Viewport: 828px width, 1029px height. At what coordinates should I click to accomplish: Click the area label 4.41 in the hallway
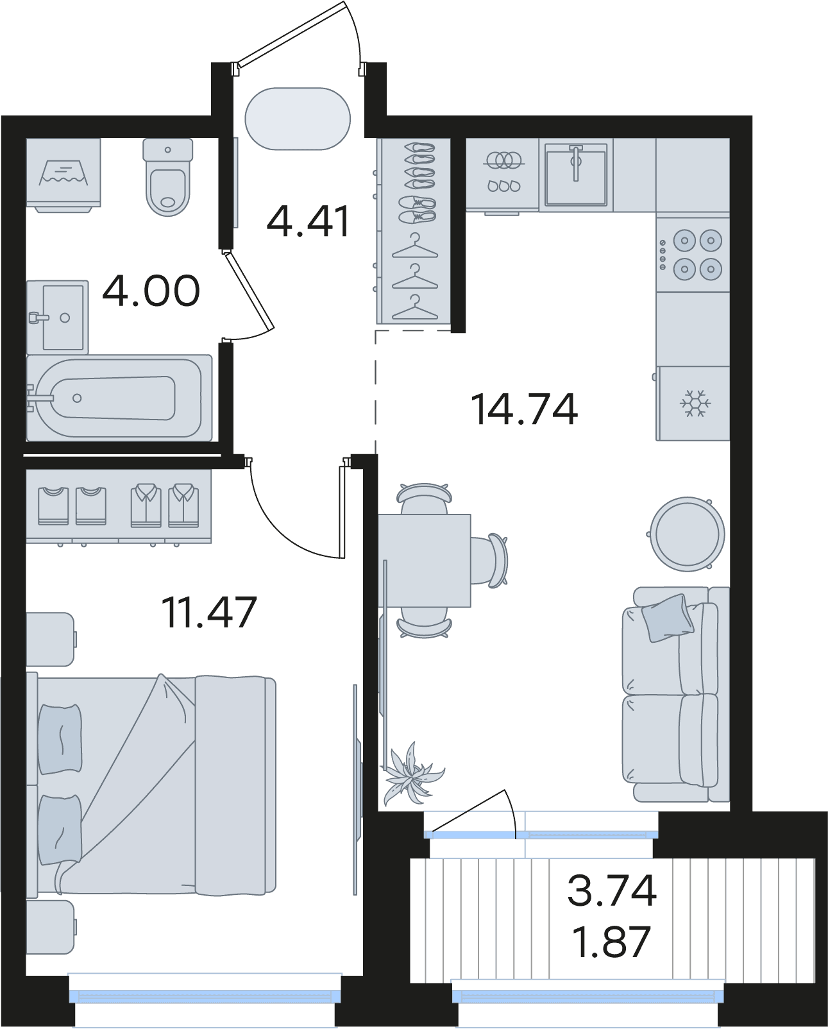[309, 221]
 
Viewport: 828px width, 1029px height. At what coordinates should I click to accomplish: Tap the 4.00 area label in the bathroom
[151, 290]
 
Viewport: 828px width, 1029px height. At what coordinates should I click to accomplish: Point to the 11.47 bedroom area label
[209, 612]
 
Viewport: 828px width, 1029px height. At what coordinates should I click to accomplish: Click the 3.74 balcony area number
[612, 890]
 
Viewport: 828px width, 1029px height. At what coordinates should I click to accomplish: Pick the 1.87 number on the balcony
[613, 942]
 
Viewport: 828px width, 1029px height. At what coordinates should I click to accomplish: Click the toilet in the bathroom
[168, 177]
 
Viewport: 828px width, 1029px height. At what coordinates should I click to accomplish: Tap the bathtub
[119, 398]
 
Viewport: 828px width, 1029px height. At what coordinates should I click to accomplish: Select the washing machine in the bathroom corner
[63, 174]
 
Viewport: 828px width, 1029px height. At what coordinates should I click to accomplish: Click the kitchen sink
[576, 174]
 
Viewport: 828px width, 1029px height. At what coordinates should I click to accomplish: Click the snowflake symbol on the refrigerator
[696, 403]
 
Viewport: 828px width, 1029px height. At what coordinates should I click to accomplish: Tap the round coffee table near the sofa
[687, 534]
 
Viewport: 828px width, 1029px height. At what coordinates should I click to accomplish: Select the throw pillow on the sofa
[668, 618]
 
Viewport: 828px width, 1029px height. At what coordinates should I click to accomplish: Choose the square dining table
[425, 561]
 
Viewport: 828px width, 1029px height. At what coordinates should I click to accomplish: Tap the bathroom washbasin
[58, 317]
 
